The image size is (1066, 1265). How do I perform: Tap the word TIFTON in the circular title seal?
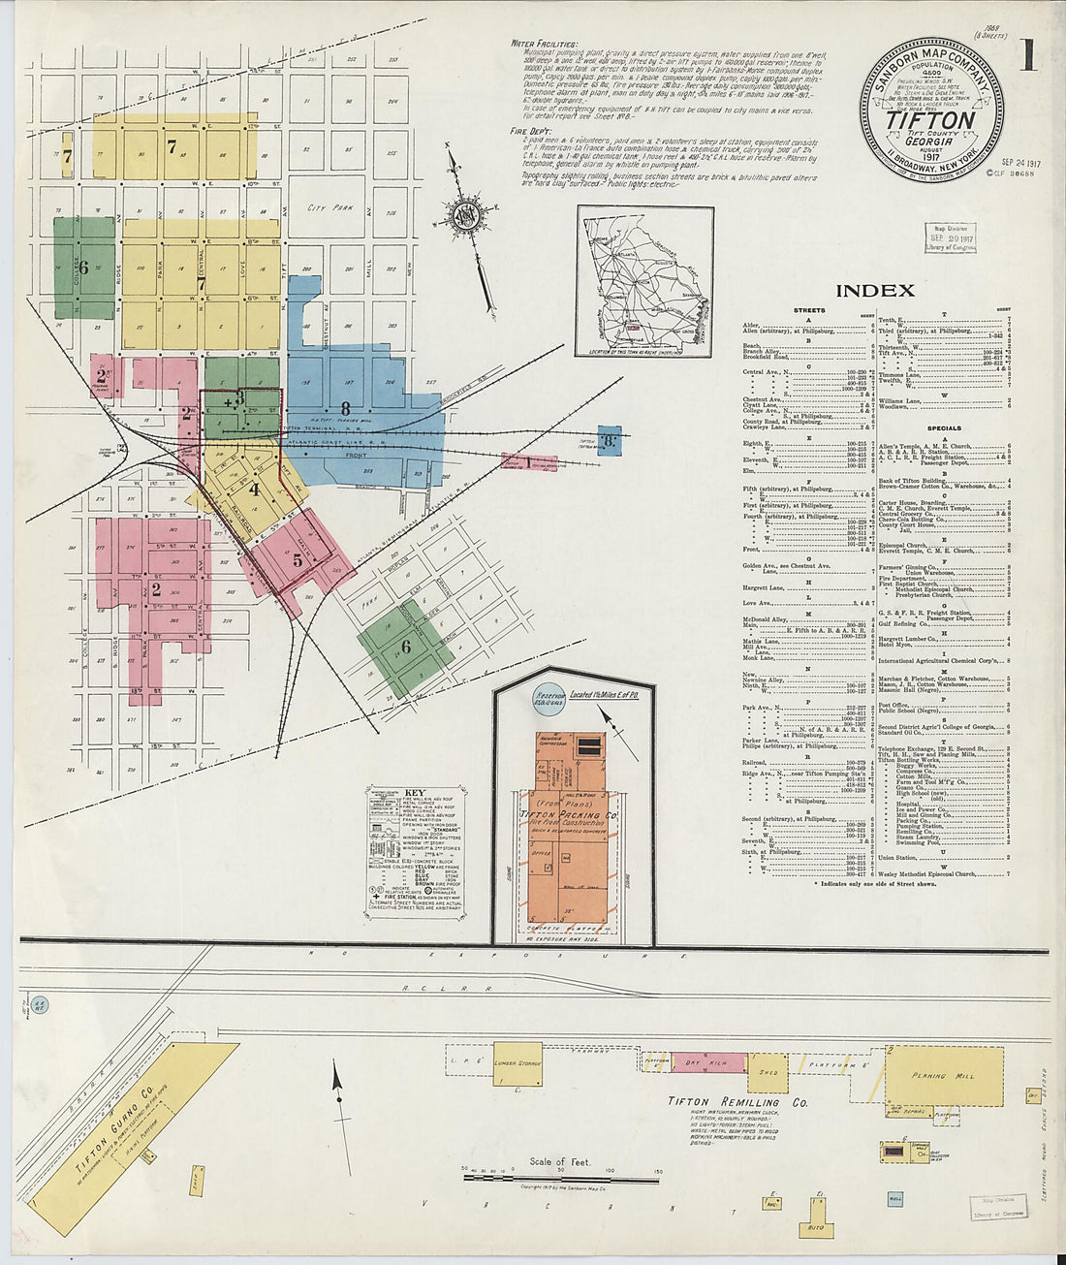pos(930,119)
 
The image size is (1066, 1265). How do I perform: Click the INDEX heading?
pos(874,290)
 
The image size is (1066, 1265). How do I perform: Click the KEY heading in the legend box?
pos(415,792)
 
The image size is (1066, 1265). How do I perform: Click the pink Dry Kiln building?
pos(707,1063)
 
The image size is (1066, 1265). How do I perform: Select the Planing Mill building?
pos(943,1075)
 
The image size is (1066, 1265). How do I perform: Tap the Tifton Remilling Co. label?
pos(737,1102)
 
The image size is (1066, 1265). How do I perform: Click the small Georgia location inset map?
pos(643,280)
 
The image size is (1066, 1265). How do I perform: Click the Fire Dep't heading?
pos(531,129)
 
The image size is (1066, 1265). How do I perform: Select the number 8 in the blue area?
pos(344,409)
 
